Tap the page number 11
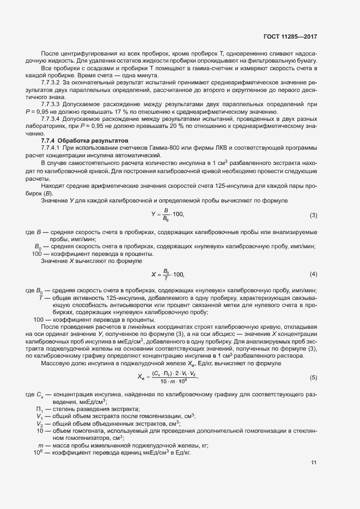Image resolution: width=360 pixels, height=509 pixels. (x=314, y=463)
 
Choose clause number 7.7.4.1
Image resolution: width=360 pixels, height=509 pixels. (x=51, y=149)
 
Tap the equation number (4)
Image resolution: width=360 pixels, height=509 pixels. (x=313, y=273)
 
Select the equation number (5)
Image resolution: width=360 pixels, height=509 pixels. (x=313, y=377)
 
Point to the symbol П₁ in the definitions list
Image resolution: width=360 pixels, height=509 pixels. (x=40, y=409)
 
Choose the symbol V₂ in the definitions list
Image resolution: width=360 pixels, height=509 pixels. (x=40, y=423)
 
